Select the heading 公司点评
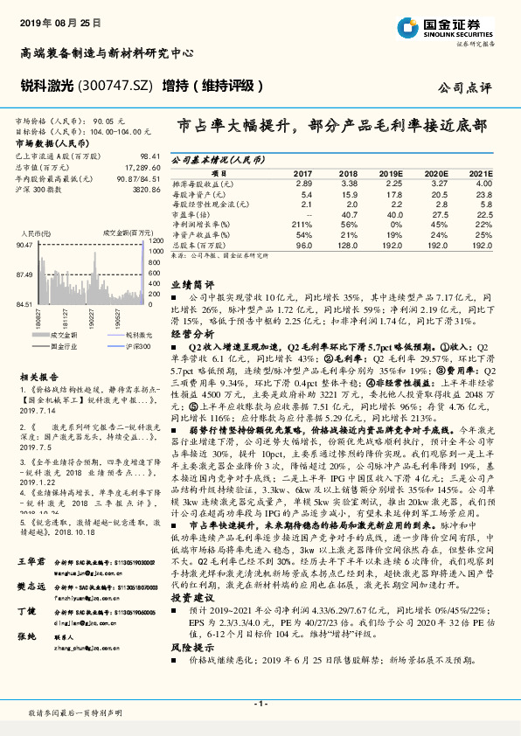click(465, 88)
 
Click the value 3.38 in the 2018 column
click(350, 184)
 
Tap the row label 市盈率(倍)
click(191, 214)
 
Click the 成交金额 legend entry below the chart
click(63, 335)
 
